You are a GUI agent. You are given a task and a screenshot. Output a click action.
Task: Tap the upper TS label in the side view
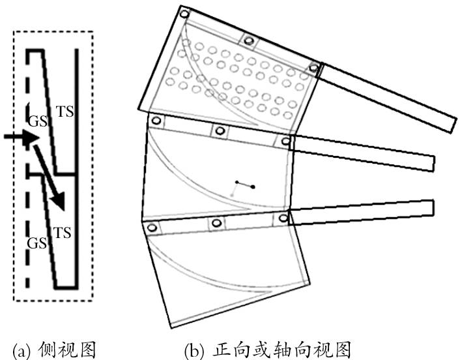click(x=65, y=112)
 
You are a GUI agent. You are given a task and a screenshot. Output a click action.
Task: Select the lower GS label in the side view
click(x=36, y=243)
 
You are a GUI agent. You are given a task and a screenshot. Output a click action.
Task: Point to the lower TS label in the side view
click(x=61, y=232)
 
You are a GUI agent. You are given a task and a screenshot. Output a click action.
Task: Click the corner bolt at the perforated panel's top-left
click(x=184, y=14)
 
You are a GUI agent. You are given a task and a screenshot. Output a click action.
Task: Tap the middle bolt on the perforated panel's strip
click(x=248, y=40)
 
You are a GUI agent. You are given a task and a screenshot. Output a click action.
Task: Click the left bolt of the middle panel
click(x=156, y=121)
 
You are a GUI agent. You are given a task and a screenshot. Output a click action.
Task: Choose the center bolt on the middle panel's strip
click(x=220, y=131)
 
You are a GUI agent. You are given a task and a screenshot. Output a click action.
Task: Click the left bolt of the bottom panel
click(x=153, y=227)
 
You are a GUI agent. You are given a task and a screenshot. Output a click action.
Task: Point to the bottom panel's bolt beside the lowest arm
click(x=283, y=218)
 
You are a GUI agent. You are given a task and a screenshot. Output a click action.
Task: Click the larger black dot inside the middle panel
click(x=252, y=188)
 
